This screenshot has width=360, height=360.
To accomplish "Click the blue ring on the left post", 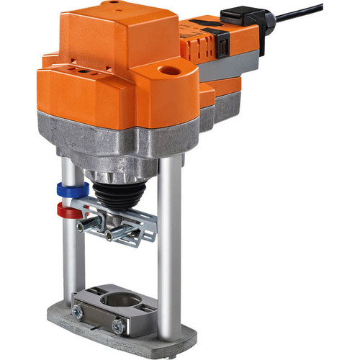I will point(73,191).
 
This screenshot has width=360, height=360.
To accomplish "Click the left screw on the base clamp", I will point(76,310).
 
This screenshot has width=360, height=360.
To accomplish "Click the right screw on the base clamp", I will point(118,325).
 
